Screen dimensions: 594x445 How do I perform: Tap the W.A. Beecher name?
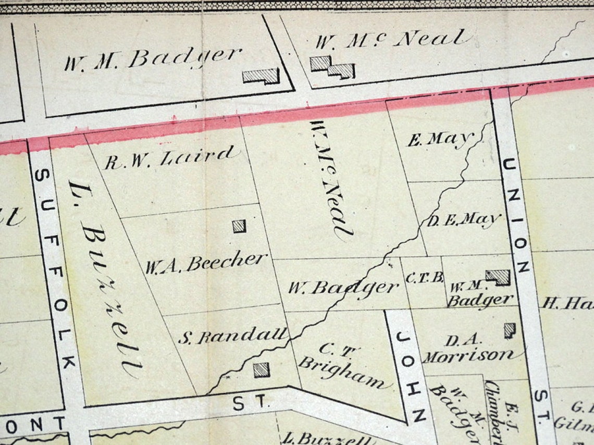[x=206, y=263]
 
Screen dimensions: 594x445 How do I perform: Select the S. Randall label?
[x=233, y=336]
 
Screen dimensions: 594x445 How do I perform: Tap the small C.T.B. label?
[x=424, y=278]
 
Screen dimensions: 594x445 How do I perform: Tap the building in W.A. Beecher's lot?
[x=239, y=226]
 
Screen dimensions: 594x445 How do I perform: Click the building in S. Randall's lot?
[x=262, y=370]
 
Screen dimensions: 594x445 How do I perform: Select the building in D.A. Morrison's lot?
[x=509, y=329]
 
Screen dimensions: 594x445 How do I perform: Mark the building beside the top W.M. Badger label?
[x=261, y=76]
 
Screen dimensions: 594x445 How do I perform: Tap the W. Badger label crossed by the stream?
[x=343, y=287]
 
